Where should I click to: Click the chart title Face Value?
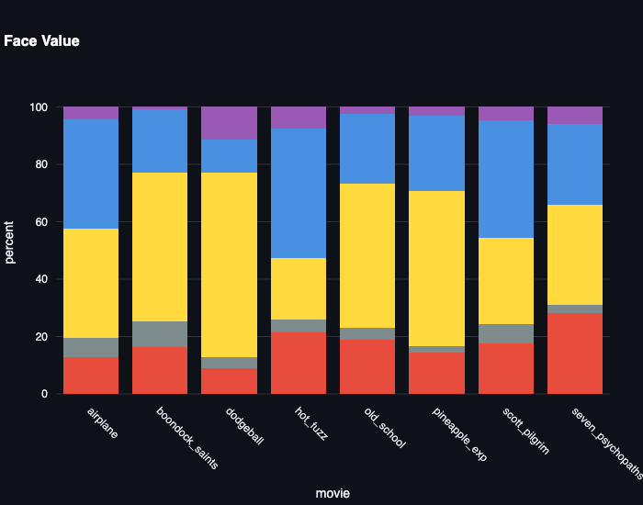click(41, 41)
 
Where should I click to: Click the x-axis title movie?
click(332, 493)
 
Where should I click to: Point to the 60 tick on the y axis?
click(42, 222)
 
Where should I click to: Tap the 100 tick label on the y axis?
click(39, 107)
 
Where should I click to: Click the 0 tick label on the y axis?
click(45, 394)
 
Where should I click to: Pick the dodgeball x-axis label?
click(244, 425)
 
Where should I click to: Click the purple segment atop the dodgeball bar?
click(229, 123)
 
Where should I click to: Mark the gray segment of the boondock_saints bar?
click(160, 334)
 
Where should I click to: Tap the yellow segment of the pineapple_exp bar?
click(436, 268)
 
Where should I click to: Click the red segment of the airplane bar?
click(90, 376)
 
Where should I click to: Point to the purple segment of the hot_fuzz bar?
click(298, 118)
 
